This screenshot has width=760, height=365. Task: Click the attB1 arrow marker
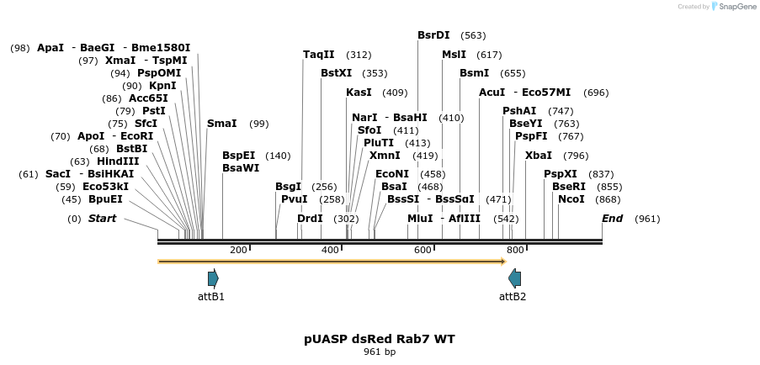213,278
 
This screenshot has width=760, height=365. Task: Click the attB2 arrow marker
514,278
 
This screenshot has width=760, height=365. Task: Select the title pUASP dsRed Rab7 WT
379,339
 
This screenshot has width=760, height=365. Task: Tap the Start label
102,219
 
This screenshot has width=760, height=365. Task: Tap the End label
612,219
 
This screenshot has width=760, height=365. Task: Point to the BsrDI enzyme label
433,35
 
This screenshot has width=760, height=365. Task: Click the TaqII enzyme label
319,55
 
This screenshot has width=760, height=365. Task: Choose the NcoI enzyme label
571,199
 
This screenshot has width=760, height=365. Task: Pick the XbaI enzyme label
539,156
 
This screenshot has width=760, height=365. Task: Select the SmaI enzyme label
222,124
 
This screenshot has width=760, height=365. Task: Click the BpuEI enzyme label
105,199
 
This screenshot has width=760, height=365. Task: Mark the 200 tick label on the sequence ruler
238,250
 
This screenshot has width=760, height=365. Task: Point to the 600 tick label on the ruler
423,250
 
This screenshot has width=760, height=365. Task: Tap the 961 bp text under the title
379,352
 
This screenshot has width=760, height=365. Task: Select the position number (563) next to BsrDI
473,36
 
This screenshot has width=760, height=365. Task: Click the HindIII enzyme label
118,161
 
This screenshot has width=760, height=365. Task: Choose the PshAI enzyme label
519,111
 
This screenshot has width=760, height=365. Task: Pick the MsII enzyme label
454,55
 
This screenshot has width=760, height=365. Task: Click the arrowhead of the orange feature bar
502,262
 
